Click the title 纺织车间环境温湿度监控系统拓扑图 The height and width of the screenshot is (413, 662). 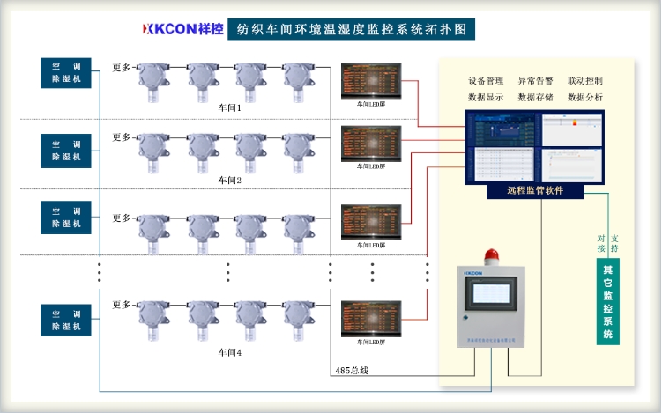pyautogui.click(x=352, y=29)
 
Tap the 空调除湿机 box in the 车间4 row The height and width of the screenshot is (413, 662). pyautogui.click(x=65, y=320)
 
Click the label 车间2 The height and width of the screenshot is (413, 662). pyautogui.click(x=230, y=180)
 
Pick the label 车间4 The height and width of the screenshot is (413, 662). pyautogui.click(x=230, y=352)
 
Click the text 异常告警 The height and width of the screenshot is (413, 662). pyautogui.click(x=535, y=81)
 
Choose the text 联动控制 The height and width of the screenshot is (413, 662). pyautogui.click(x=585, y=81)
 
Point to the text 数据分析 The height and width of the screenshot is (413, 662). pyautogui.click(x=585, y=98)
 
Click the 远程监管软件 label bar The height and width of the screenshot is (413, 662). pyautogui.click(x=535, y=190)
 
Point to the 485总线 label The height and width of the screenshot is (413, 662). pyautogui.click(x=351, y=370)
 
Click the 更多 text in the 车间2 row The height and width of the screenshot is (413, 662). pyautogui.click(x=122, y=138)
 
